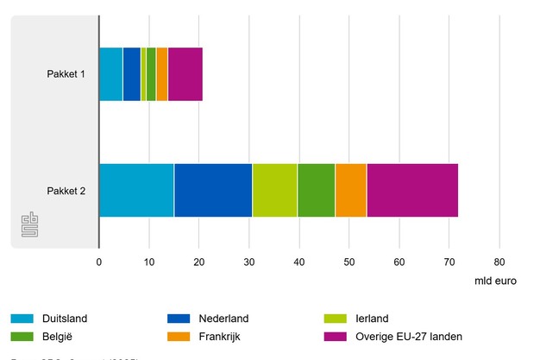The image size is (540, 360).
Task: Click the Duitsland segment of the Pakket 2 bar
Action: pos(136,189)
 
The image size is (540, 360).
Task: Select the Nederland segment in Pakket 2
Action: pos(213,189)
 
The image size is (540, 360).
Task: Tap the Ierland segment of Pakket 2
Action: pos(274,189)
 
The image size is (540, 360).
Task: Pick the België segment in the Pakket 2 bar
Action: pos(316,189)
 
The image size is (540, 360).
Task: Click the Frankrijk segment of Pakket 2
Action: pos(350,189)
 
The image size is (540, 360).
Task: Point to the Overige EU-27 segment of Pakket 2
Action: pos(412,189)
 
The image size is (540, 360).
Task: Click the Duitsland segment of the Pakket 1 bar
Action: pos(110,74)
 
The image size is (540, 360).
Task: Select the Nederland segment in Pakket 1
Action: pos(131,74)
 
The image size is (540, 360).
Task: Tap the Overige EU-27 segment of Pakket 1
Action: pos(185,74)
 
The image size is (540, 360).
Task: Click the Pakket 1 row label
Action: pos(66,74)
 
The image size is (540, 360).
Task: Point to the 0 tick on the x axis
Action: pos(99,261)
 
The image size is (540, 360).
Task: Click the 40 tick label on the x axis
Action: pos(299,261)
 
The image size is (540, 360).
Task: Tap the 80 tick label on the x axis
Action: pos(499,261)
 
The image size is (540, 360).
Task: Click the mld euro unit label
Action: pos(495,281)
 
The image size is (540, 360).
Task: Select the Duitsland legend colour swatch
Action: pos(23,319)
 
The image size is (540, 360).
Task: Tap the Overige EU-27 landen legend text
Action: pos(406,336)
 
